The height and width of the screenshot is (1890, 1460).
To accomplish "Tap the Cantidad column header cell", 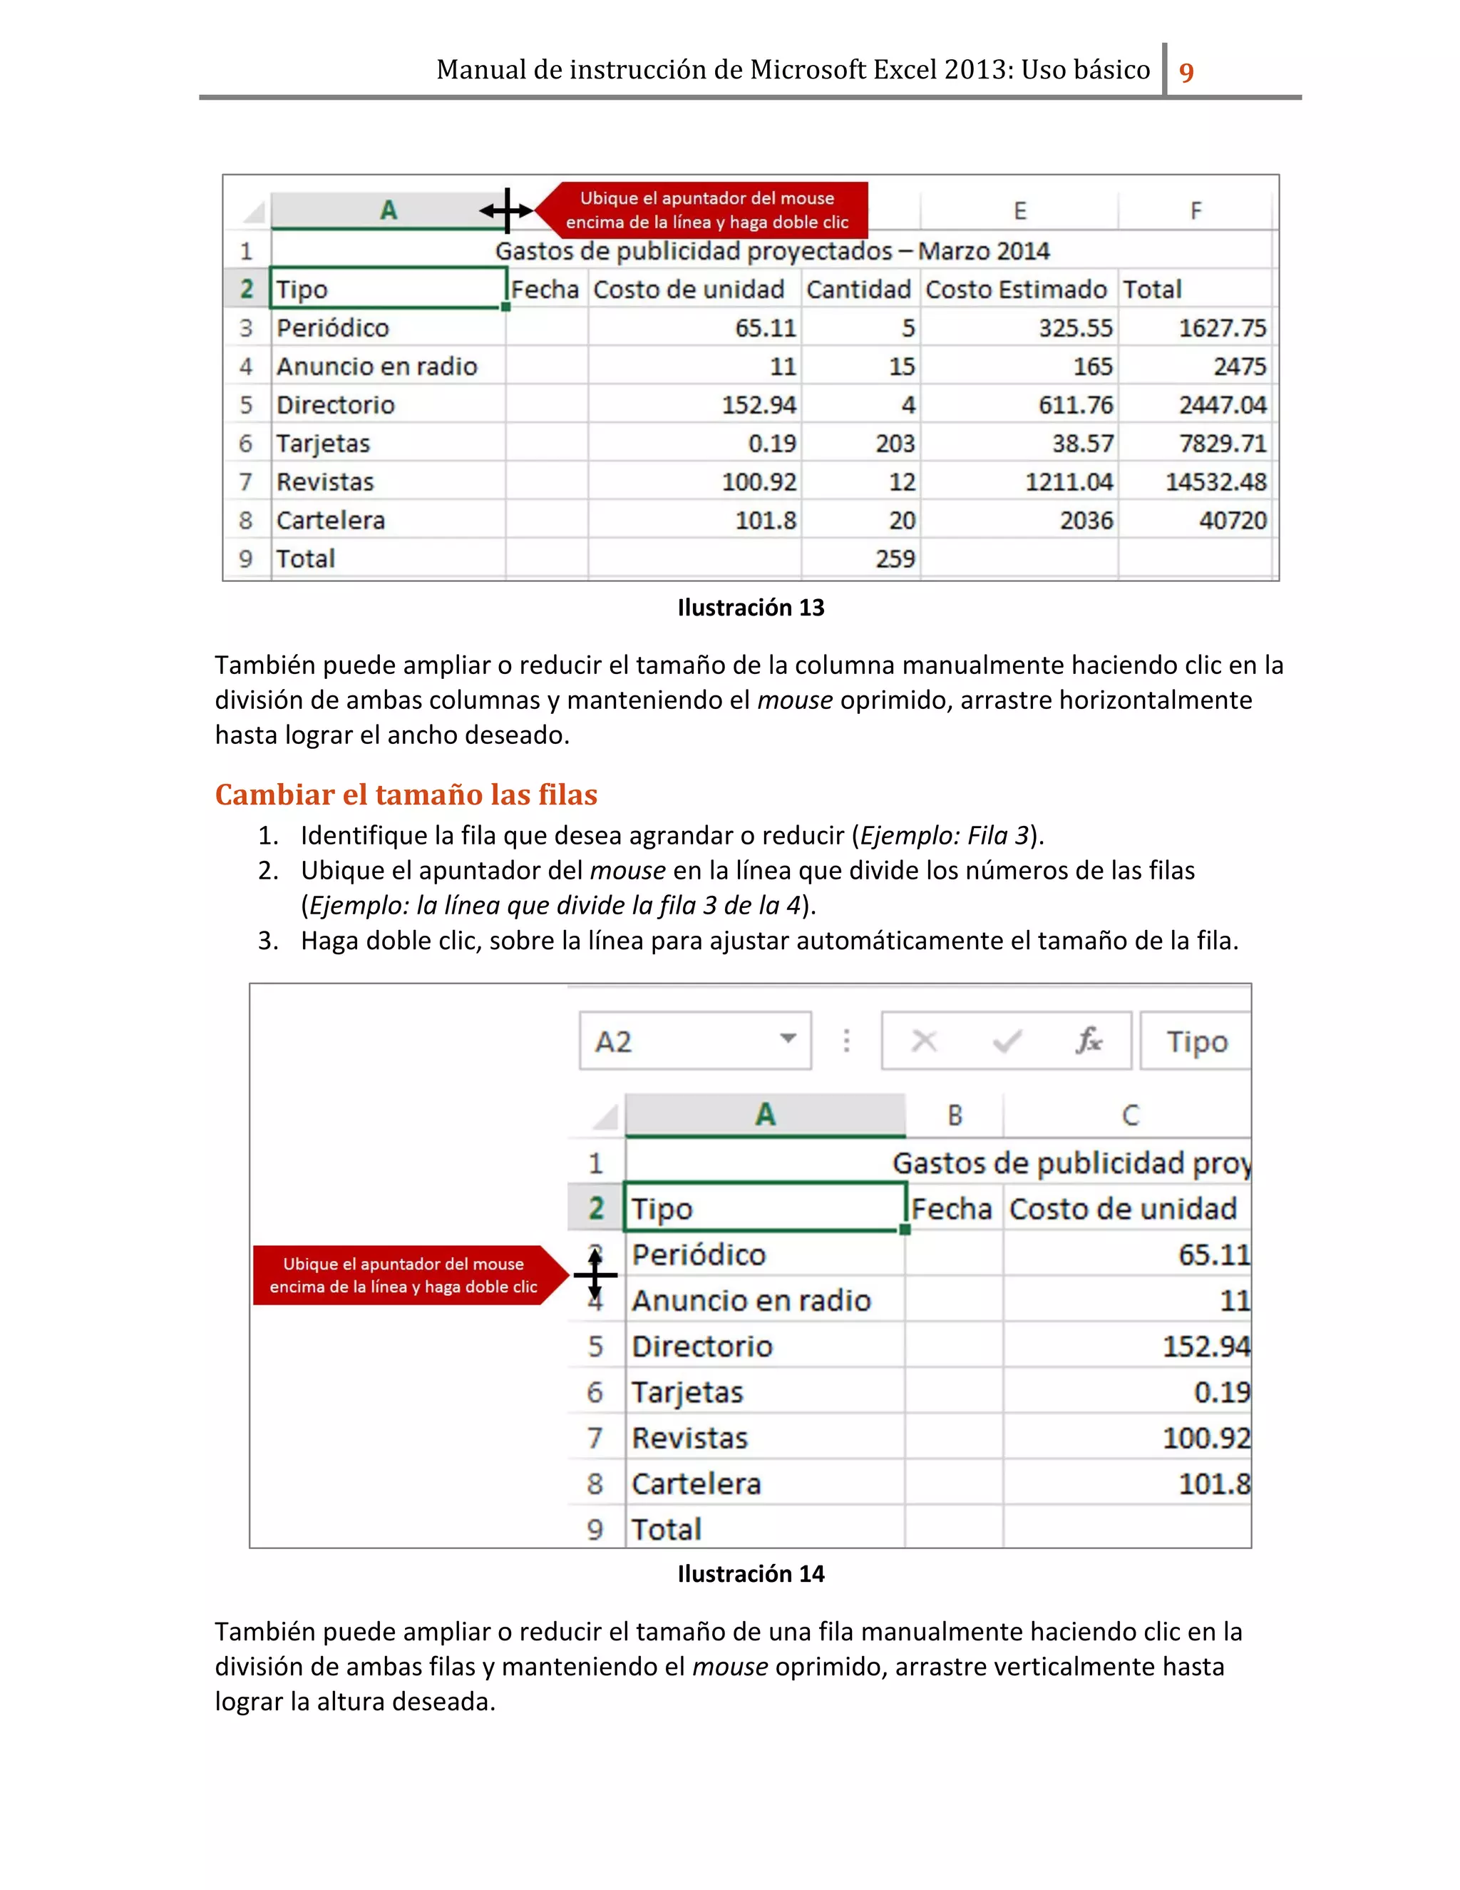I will click(x=858, y=289).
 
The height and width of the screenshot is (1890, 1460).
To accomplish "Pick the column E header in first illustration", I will click(x=1019, y=211).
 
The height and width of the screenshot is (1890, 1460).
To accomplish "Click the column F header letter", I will click(x=1196, y=211).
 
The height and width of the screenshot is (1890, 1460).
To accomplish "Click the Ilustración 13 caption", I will click(x=750, y=608).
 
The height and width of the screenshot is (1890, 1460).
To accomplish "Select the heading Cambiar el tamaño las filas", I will click(x=406, y=795).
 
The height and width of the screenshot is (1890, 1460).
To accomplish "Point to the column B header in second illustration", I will click(x=954, y=1115).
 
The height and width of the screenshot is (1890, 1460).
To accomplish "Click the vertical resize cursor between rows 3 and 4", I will click(x=595, y=1275).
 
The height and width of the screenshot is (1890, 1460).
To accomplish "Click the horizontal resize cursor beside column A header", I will click(x=507, y=210).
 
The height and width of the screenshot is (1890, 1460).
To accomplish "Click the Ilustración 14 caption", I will click(x=750, y=1573).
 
